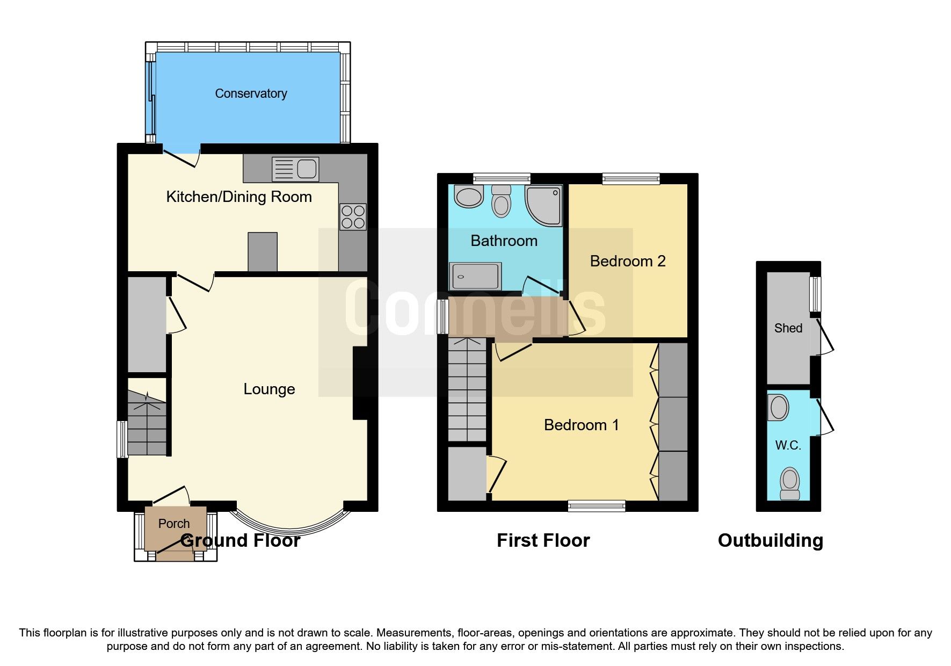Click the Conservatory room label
tap(251, 93)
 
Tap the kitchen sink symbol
tap(295, 169)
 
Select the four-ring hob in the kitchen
tap(353, 217)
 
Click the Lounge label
tap(269, 389)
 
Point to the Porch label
tap(174, 523)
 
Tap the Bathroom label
tap(504, 241)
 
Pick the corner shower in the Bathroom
tap(544, 206)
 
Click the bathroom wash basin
tap(469, 197)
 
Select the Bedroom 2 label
tap(627, 261)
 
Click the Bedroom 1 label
tap(581, 425)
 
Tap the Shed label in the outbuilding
tap(788, 328)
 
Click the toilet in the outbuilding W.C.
tap(789, 483)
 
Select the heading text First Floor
tap(543, 540)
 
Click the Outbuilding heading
tap(770, 540)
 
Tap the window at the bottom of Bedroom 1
tap(597, 505)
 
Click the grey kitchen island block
tap(263, 252)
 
